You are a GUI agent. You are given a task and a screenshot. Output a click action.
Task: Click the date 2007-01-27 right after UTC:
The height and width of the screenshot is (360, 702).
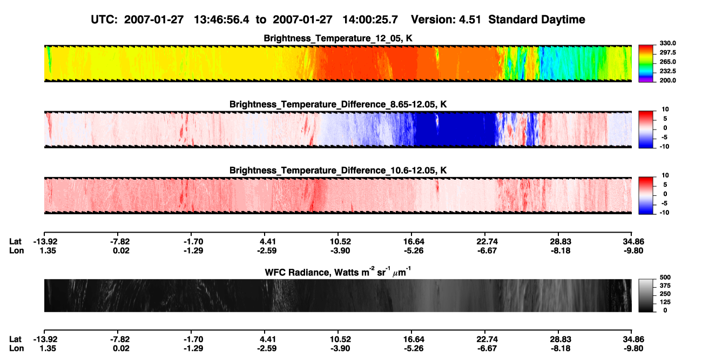[x=153, y=20]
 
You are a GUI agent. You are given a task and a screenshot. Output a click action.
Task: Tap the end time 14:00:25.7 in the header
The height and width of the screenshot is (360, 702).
[x=370, y=20]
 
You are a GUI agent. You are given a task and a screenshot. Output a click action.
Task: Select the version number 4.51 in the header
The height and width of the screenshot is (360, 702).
[x=470, y=20]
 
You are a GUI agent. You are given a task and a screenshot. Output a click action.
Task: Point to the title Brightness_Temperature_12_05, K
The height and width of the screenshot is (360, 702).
[x=338, y=38]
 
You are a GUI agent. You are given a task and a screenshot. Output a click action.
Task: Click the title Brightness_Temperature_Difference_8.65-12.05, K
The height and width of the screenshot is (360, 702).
[x=338, y=104]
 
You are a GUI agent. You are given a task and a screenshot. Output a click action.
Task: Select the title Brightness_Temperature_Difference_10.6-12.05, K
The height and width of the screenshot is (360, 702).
[x=338, y=171]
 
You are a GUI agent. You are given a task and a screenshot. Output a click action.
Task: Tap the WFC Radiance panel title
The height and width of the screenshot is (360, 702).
[x=338, y=272]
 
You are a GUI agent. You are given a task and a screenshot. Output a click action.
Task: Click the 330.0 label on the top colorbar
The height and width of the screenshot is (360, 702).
[x=667, y=43]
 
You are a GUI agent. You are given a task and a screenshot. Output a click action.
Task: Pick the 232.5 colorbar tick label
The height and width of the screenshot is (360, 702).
[x=667, y=71]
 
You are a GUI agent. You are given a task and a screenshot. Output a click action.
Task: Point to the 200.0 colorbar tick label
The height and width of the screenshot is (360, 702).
[x=667, y=80]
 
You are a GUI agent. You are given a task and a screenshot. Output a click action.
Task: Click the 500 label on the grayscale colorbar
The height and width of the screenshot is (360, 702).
[x=665, y=277]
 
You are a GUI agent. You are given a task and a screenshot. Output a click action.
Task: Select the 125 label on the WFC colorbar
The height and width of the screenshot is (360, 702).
[x=665, y=302]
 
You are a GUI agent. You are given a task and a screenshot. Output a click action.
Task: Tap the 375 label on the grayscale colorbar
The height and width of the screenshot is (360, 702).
[x=665, y=286]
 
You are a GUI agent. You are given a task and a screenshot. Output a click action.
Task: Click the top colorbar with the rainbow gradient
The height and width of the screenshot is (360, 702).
[x=646, y=64]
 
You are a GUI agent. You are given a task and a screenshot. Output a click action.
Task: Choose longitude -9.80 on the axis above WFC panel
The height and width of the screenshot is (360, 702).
[x=633, y=250]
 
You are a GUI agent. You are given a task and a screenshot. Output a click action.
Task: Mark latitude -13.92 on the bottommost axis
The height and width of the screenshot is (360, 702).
[x=45, y=339]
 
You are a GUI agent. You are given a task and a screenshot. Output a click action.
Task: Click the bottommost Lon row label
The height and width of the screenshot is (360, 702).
[x=16, y=349]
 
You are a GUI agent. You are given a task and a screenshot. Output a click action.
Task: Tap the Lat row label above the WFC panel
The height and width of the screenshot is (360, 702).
[x=15, y=242]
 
